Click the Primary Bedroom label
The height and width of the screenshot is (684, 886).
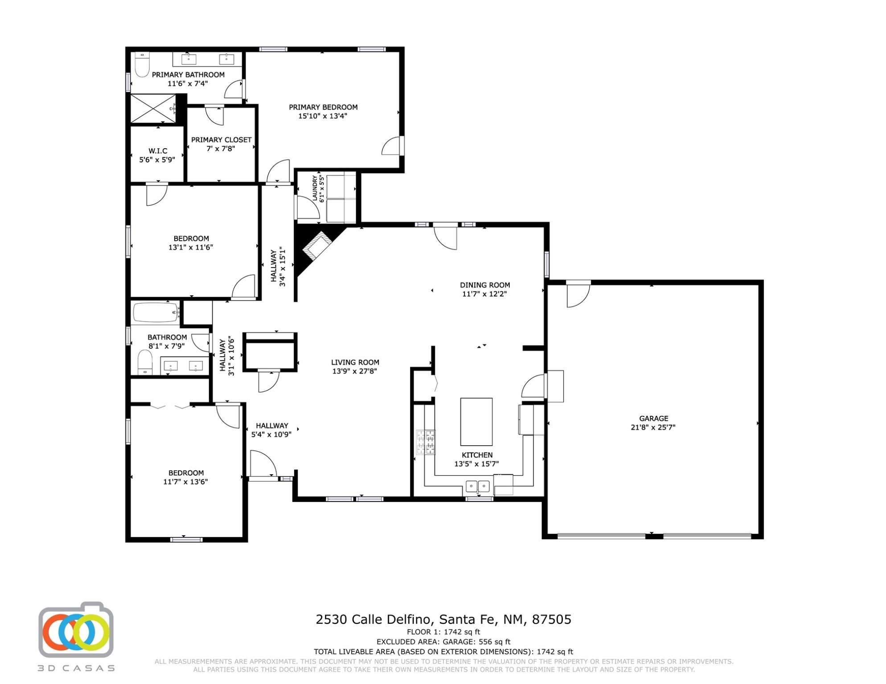click(x=323, y=107)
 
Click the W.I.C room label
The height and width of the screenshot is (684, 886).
click(x=158, y=151)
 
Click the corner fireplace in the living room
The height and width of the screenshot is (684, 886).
click(x=317, y=245)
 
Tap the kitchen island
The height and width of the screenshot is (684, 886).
click(x=476, y=422)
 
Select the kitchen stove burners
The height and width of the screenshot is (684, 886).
click(x=426, y=442)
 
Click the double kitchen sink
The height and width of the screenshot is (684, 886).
click(x=478, y=486)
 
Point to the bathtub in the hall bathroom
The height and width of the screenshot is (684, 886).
click(x=156, y=313)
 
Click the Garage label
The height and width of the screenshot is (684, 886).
click(x=654, y=419)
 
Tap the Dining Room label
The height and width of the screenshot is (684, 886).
click(x=485, y=285)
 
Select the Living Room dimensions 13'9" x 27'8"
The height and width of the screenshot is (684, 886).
click(x=355, y=371)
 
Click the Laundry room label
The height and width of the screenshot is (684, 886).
click(x=315, y=188)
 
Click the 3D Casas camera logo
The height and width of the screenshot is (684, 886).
click(x=76, y=630)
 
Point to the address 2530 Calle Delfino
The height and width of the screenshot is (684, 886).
click(x=373, y=619)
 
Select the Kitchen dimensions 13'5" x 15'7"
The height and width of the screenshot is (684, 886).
click(x=476, y=464)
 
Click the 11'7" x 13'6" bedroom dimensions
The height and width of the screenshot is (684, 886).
click(x=185, y=482)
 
